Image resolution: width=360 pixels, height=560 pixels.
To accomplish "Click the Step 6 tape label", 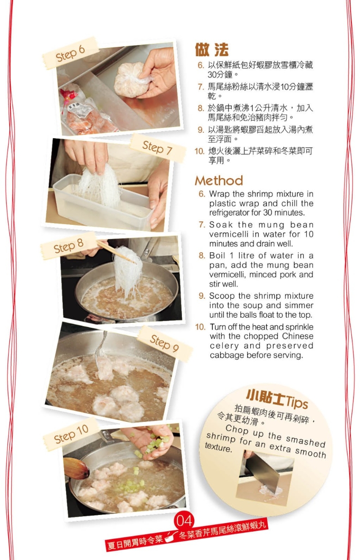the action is click(x=70, y=53).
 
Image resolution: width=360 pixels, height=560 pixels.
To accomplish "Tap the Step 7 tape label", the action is click(x=157, y=148).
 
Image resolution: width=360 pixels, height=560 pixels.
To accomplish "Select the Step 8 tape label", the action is click(x=68, y=246).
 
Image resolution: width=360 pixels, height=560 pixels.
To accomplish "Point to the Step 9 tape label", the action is click(x=165, y=343).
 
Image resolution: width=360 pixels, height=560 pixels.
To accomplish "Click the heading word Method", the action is click(x=219, y=180).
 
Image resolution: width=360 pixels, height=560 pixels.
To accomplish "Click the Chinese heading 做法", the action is click(x=211, y=50).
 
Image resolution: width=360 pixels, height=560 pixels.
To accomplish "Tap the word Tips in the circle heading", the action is click(x=296, y=402).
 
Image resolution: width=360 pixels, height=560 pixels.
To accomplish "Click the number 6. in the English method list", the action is click(x=202, y=194).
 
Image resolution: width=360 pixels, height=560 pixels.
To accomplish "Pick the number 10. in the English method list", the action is click(x=200, y=327).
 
